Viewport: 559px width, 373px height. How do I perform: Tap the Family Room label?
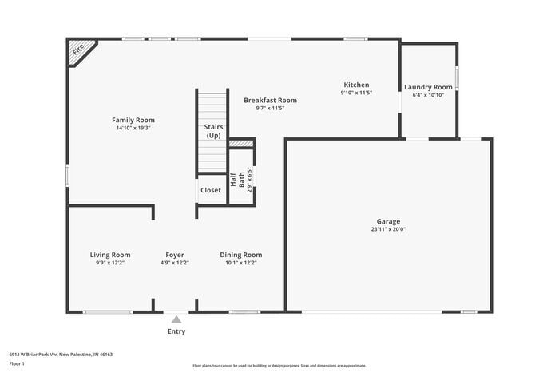pos(133,120)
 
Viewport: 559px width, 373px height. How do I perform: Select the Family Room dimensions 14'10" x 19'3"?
pos(133,128)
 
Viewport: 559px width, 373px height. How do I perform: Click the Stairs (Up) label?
pos(213,131)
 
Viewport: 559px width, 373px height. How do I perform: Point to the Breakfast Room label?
pos(270,100)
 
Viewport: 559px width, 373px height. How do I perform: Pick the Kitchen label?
pos(356,85)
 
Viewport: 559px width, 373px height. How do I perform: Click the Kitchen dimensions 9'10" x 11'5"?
pos(356,93)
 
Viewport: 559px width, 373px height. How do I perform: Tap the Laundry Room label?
pos(428,87)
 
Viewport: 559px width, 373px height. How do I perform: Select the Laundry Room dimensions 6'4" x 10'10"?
pos(428,95)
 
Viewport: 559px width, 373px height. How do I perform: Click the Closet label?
pos(211,190)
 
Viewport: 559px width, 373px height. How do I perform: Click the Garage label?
pos(389,221)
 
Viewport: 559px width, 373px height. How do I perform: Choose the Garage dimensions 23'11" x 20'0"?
pos(389,229)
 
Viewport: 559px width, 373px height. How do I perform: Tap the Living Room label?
pos(110,255)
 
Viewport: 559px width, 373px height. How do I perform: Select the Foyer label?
pos(175,255)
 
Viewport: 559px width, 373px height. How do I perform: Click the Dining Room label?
pos(241,255)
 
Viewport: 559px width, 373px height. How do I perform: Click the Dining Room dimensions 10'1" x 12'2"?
pos(241,263)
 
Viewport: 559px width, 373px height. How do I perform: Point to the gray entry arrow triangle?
pos(176,319)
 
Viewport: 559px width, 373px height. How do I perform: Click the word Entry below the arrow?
pos(176,331)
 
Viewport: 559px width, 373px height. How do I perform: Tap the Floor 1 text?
pos(17,363)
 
